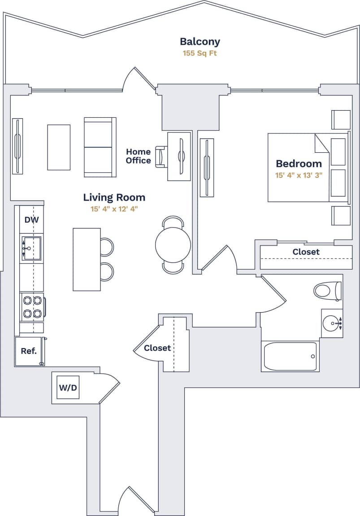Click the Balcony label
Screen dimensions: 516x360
tap(200, 42)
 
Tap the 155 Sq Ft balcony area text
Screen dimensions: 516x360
tap(200, 53)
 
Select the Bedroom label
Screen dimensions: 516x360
tap(299, 163)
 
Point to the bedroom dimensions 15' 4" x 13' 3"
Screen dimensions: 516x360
tap(299, 175)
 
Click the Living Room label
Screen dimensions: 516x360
tap(114, 197)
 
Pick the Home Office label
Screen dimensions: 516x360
tap(138, 156)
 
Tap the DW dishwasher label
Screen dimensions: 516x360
tap(31, 219)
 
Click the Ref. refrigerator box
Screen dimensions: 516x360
tap(29, 351)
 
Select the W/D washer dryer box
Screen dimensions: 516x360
tap(68, 387)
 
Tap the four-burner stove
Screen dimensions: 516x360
tap(32, 307)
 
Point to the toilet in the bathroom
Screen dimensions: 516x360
tap(327, 291)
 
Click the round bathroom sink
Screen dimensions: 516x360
tap(332, 322)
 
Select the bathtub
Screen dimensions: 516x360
tap(290, 357)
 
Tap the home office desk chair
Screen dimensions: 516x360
tap(160, 157)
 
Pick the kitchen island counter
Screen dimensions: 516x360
tap(87, 259)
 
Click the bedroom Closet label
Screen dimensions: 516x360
tap(306, 252)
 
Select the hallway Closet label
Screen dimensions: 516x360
tap(157, 348)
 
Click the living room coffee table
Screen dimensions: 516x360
tap(59, 147)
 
